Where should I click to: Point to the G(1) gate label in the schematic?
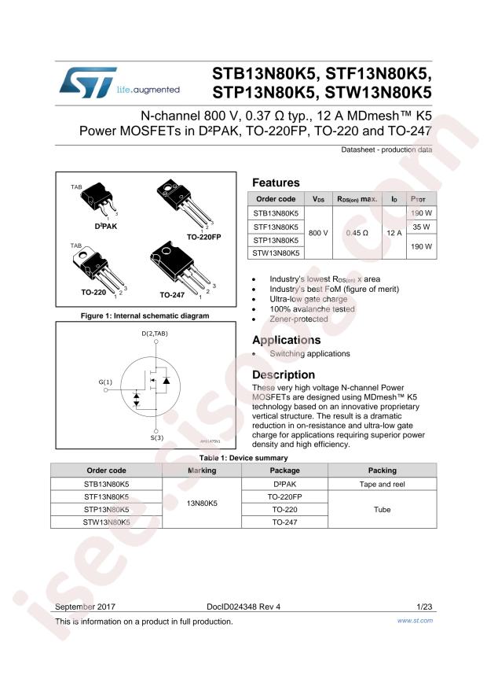click(105, 382)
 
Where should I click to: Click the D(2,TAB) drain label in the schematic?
click(155, 334)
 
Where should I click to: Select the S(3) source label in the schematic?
click(157, 437)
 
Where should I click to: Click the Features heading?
click(275, 183)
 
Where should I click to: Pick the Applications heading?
click(286, 341)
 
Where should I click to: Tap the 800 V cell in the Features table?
click(319, 233)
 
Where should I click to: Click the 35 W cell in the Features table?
click(422, 227)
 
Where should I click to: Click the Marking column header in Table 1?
click(202, 470)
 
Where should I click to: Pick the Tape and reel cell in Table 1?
click(382, 485)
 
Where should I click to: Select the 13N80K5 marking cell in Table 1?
click(202, 504)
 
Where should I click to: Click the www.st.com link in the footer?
click(416, 621)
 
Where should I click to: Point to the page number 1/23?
click(424, 607)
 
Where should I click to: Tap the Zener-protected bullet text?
click(298, 319)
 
